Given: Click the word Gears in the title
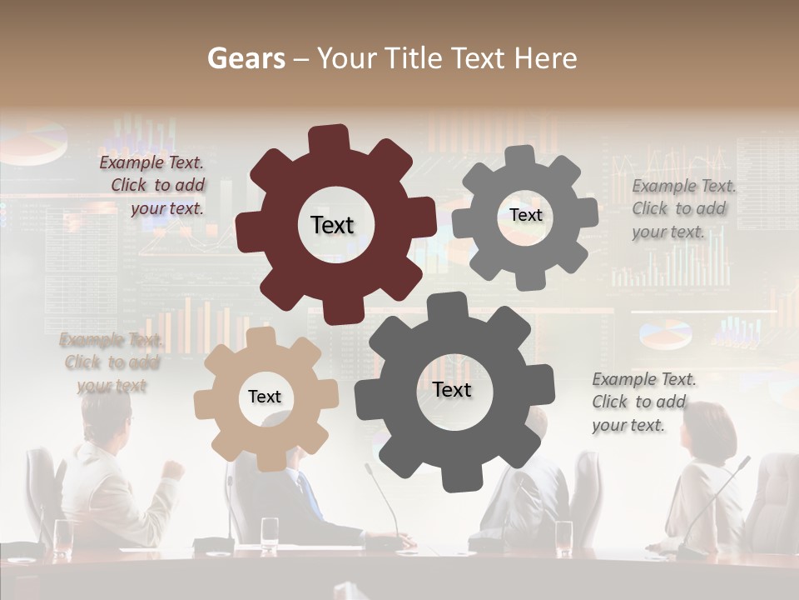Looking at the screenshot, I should [246, 58].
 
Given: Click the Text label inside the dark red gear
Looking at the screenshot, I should [332, 225].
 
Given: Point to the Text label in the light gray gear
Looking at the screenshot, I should [525, 215].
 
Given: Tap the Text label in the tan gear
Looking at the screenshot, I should [265, 397].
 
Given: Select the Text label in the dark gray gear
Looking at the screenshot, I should [452, 389].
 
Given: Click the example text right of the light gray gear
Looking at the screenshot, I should [682, 208].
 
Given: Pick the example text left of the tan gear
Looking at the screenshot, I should [110, 362].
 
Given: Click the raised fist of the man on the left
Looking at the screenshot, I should [173, 468].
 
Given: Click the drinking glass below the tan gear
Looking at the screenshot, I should [270, 534].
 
